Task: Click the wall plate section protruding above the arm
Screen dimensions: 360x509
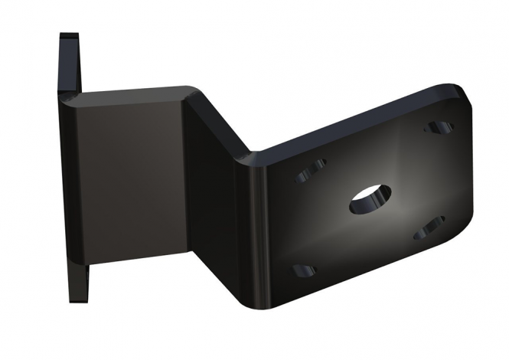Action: (69, 61)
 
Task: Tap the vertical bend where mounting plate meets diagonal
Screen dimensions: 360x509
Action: (250, 230)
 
